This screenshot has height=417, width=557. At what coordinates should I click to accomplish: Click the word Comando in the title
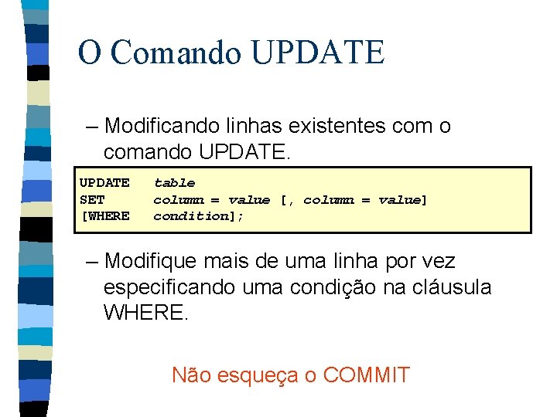176,53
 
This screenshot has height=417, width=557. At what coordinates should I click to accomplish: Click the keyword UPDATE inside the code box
104,183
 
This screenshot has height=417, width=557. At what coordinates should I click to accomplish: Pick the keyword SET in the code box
92,200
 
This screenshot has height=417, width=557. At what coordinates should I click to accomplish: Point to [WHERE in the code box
105,216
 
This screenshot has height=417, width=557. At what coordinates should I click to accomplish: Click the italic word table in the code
174,183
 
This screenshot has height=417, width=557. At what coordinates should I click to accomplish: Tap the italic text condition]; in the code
198,216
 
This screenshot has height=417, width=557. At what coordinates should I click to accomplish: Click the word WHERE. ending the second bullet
145,314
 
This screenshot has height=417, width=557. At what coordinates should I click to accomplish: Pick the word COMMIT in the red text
366,376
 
